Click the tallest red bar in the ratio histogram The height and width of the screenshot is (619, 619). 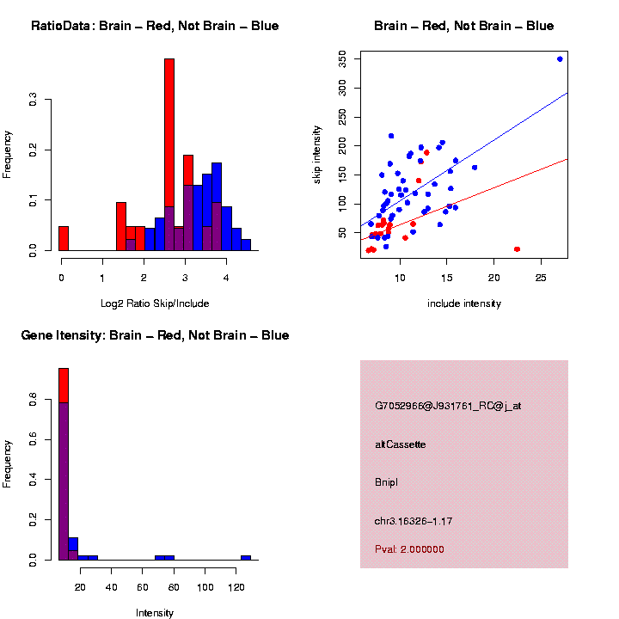[169, 155]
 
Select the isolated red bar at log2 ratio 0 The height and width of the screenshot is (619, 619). [64, 238]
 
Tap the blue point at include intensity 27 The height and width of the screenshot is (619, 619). [560, 59]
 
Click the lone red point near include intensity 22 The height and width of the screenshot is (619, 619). [517, 249]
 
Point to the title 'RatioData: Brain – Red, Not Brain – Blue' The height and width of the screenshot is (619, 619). [155, 26]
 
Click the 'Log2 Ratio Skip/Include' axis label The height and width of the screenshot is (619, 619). [155, 303]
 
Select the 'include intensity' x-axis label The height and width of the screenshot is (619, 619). [464, 303]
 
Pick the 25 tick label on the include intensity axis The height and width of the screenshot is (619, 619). [541, 279]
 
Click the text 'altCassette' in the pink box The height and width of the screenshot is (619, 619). [401, 444]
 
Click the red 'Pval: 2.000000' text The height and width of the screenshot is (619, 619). [410, 549]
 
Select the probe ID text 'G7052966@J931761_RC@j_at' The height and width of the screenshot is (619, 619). [448, 406]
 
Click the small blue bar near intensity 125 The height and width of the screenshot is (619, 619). [246, 557]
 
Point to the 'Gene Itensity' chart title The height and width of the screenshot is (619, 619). [155, 335]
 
